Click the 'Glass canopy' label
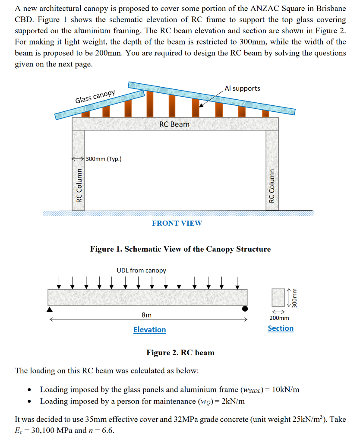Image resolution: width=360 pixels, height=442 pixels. click(x=95, y=97)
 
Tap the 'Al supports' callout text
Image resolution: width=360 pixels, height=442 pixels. click(x=243, y=88)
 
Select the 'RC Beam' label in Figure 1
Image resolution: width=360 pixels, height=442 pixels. click(x=174, y=124)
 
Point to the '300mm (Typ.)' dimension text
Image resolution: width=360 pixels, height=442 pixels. click(x=104, y=159)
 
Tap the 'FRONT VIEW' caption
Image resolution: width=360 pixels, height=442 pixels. click(x=177, y=223)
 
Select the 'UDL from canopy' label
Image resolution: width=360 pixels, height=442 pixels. click(x=141, y=271)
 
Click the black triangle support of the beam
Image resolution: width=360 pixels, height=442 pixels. click(x=50, y=309)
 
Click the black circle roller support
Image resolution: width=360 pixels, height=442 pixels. click(x=245, y=309)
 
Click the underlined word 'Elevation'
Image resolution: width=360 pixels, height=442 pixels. click(x=149, y=330)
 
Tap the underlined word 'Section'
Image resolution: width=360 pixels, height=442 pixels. click(x=281, y=328)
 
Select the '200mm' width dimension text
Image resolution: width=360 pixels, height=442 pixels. click(x=279, y=318)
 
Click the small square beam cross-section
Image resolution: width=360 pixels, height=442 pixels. click(x=278, y=297)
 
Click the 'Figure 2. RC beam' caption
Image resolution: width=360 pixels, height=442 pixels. click(x=180, y=353)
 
